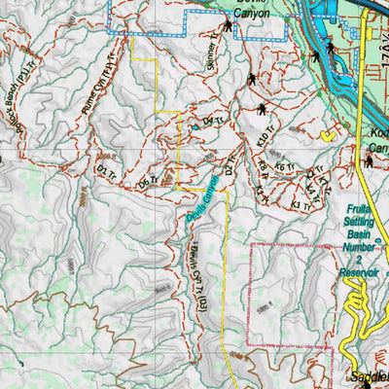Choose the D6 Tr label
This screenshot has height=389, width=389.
click(x=147, y=182)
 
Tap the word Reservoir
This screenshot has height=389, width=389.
click(x=361, y=275)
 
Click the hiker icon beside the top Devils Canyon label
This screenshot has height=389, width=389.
click(x=228, y=27)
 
